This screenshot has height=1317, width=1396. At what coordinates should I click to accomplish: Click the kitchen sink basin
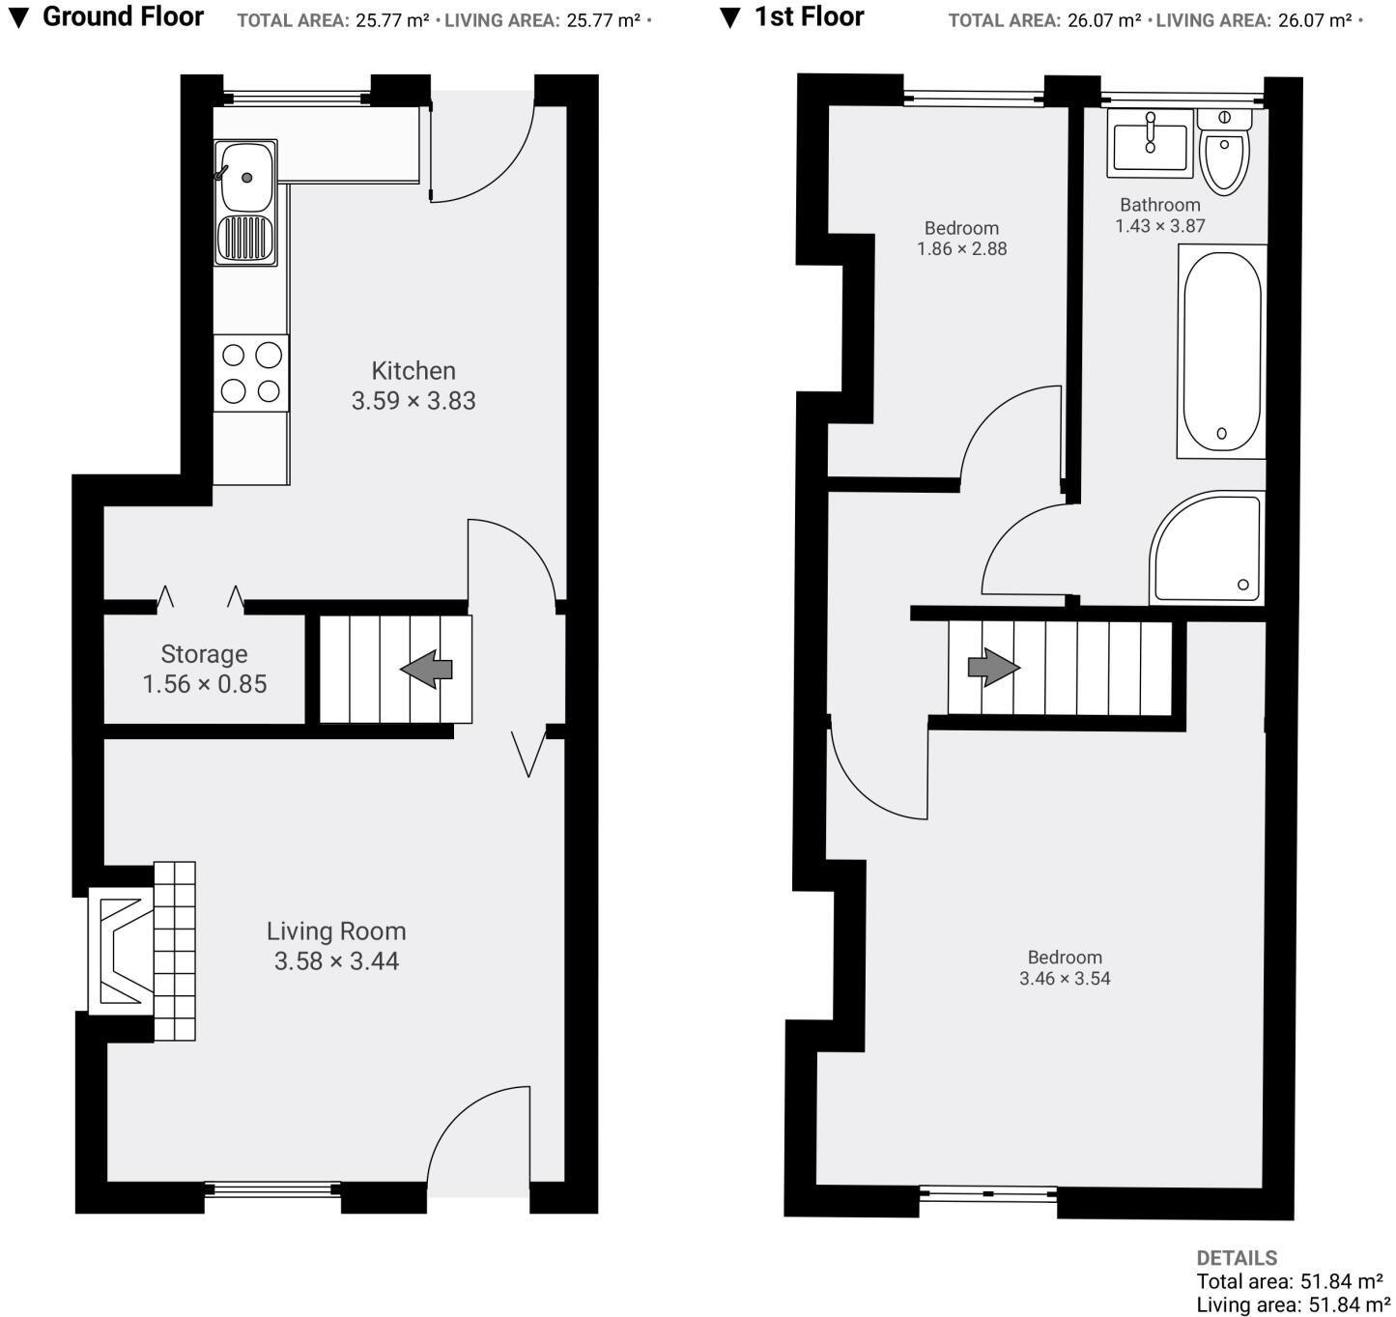(246, 176)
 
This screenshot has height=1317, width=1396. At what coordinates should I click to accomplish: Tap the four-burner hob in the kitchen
(251, 373)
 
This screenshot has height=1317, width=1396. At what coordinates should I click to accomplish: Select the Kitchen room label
(413, 370)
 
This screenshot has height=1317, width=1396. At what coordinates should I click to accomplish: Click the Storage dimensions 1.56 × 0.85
(205, 684)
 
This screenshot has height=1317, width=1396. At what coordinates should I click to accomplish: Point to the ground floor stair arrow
(427, 669)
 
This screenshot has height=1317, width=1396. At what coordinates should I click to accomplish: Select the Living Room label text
(336, 931)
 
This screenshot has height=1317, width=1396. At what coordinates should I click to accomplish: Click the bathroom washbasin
(1151, 145)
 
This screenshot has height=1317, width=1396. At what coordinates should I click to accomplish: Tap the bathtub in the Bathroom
(1221, 352)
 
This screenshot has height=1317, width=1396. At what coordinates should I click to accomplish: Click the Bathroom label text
(1160, 205)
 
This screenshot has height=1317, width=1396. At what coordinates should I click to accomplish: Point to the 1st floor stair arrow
(993, 667)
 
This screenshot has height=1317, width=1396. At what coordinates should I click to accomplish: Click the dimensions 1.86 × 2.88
(962, 249)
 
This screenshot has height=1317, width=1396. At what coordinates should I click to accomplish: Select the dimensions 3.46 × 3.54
(1065, 979)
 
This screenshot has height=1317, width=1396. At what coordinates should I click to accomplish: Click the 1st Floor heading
(810, 16)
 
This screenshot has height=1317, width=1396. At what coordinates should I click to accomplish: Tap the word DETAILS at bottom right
(1237, 1258)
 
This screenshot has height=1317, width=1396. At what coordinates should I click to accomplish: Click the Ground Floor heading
(123, 16)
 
